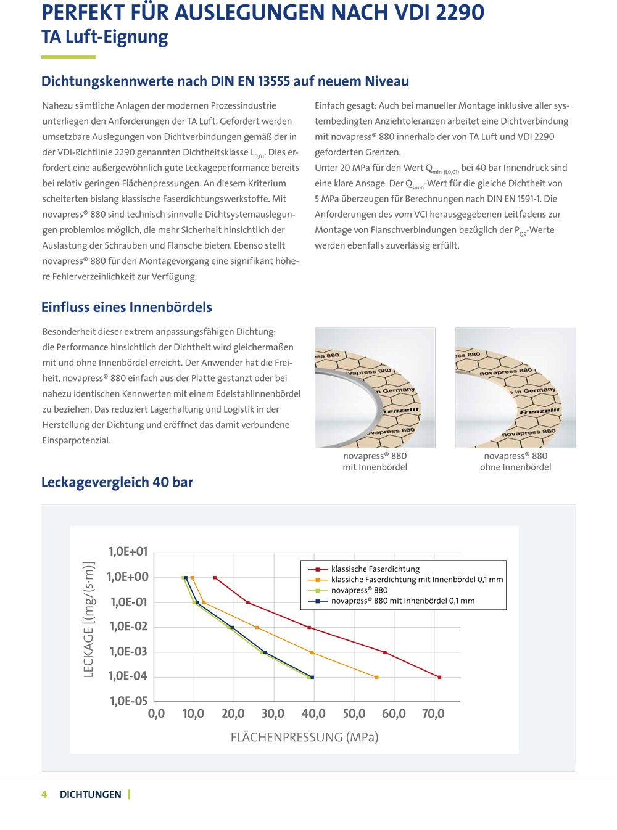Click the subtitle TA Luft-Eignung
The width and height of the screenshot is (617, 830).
(104, 37)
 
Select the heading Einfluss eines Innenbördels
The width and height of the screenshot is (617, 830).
(126, 307)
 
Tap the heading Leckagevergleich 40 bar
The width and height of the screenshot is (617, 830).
(117, 482)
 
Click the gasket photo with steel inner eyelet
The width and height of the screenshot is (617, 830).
(375, 388)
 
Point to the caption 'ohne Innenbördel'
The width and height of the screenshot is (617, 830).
(515, 467)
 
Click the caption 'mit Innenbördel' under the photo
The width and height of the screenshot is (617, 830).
(375, 467)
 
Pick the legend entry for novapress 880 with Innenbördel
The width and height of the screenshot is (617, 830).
(402, 601)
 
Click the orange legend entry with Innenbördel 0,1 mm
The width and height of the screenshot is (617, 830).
(416, 580)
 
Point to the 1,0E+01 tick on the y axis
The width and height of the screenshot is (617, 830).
(128, 552)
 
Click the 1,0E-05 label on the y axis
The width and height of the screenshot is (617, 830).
(128, 701)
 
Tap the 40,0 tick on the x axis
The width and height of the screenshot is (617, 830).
(313, 714)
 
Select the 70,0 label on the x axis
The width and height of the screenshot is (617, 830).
(433, 714)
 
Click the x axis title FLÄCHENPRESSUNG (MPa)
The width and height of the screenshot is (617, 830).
(304, 738)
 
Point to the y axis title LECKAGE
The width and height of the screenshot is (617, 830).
(88, 619)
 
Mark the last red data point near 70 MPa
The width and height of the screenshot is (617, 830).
(439, 677)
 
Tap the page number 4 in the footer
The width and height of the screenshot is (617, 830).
(44, 794)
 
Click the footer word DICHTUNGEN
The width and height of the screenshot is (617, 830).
(90, 794)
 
